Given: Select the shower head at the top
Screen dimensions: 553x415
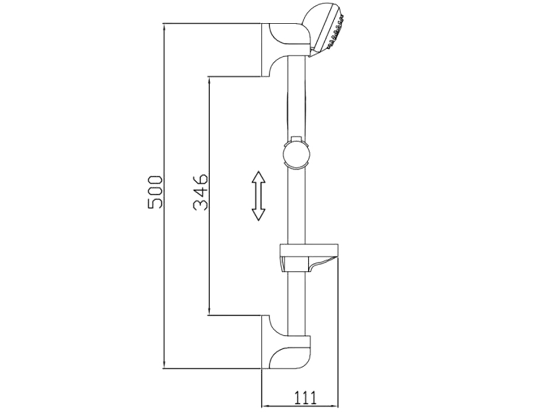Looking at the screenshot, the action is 324,30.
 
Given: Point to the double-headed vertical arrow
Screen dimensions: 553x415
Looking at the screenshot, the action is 259,196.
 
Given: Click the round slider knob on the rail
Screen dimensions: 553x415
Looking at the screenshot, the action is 297,155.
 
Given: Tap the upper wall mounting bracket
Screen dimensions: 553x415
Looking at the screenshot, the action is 286,49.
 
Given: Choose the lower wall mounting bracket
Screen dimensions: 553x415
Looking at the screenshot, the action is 286,342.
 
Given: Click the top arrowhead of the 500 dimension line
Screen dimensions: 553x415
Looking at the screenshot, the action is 164,28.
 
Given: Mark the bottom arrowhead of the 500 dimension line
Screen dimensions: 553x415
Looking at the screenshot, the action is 164,364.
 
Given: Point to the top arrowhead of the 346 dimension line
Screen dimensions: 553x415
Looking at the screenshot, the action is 209,81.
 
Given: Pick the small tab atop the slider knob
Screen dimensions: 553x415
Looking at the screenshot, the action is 296,139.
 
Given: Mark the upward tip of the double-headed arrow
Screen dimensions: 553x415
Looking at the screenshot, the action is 259,172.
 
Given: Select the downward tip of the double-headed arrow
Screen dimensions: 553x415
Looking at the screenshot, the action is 259,220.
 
